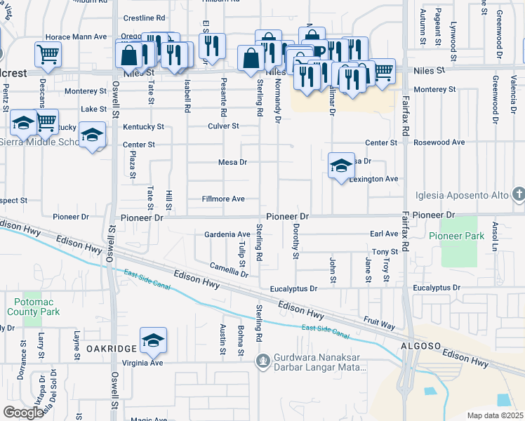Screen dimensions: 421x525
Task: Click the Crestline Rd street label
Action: pyautogui.click(x=144, y=18)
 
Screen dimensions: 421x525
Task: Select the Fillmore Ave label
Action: pyautogui.click(x=223, y=199)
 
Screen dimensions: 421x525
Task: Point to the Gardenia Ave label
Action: pyautogui.click(x=227, y=234)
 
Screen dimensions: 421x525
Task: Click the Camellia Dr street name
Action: pyautogui.click(x=229, y=269)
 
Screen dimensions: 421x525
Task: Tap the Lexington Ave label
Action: pyautogui.click(x=374, y=179)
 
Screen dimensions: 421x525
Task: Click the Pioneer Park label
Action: pyautogui.click(x=462, y=236)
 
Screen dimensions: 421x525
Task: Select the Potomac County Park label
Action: pyautogui.click(x=33, y=307)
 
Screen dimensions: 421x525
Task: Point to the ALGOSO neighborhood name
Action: pyautogui.click(x=420, y=346)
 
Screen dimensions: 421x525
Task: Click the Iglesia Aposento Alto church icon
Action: pyautogui.click(x=519, y=193)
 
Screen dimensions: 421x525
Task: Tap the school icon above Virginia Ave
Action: pyautogui.click(x=153, y=340)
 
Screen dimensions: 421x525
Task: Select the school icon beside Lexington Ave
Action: pyautogui.click(x=340, y=166)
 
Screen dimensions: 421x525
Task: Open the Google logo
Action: pyautogui.click(x=23, y=413)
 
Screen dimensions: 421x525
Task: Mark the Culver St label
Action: pyautogui.click(x=223, y=126)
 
